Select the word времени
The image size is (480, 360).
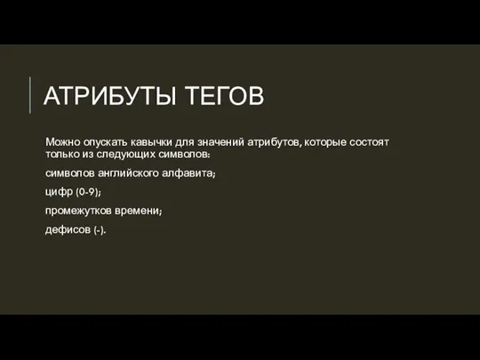[x=146, y=211]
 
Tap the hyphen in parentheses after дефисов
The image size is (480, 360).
[x=100, y=230]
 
